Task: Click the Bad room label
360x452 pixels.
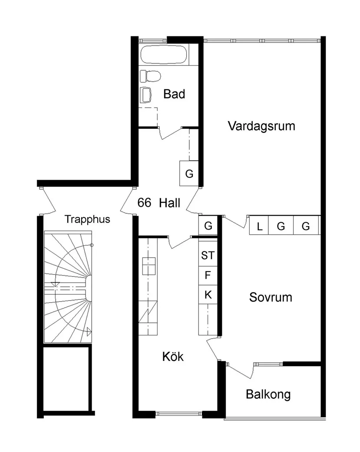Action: [174, 94]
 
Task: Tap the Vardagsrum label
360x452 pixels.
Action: [261, 126]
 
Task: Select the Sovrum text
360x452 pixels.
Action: [271, 297]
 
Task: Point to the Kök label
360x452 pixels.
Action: [173, 357]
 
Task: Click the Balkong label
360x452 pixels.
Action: [268, 395]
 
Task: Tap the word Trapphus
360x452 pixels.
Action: [87, 219]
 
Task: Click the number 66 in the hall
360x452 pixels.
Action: [144, 203]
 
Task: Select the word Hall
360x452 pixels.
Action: [169, 203]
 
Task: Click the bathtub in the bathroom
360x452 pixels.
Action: [165, 55]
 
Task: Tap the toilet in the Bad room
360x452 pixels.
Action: [151, 76]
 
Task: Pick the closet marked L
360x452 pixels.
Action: [259, 226]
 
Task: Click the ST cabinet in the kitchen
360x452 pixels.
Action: [208, 255]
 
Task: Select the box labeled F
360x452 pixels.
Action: [208, 275]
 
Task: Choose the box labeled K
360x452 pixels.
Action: [208, 295]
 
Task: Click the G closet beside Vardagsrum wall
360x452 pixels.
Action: [189, 174]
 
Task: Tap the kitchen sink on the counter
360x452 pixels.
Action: [149, 266]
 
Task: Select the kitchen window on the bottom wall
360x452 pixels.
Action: [179, 413]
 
